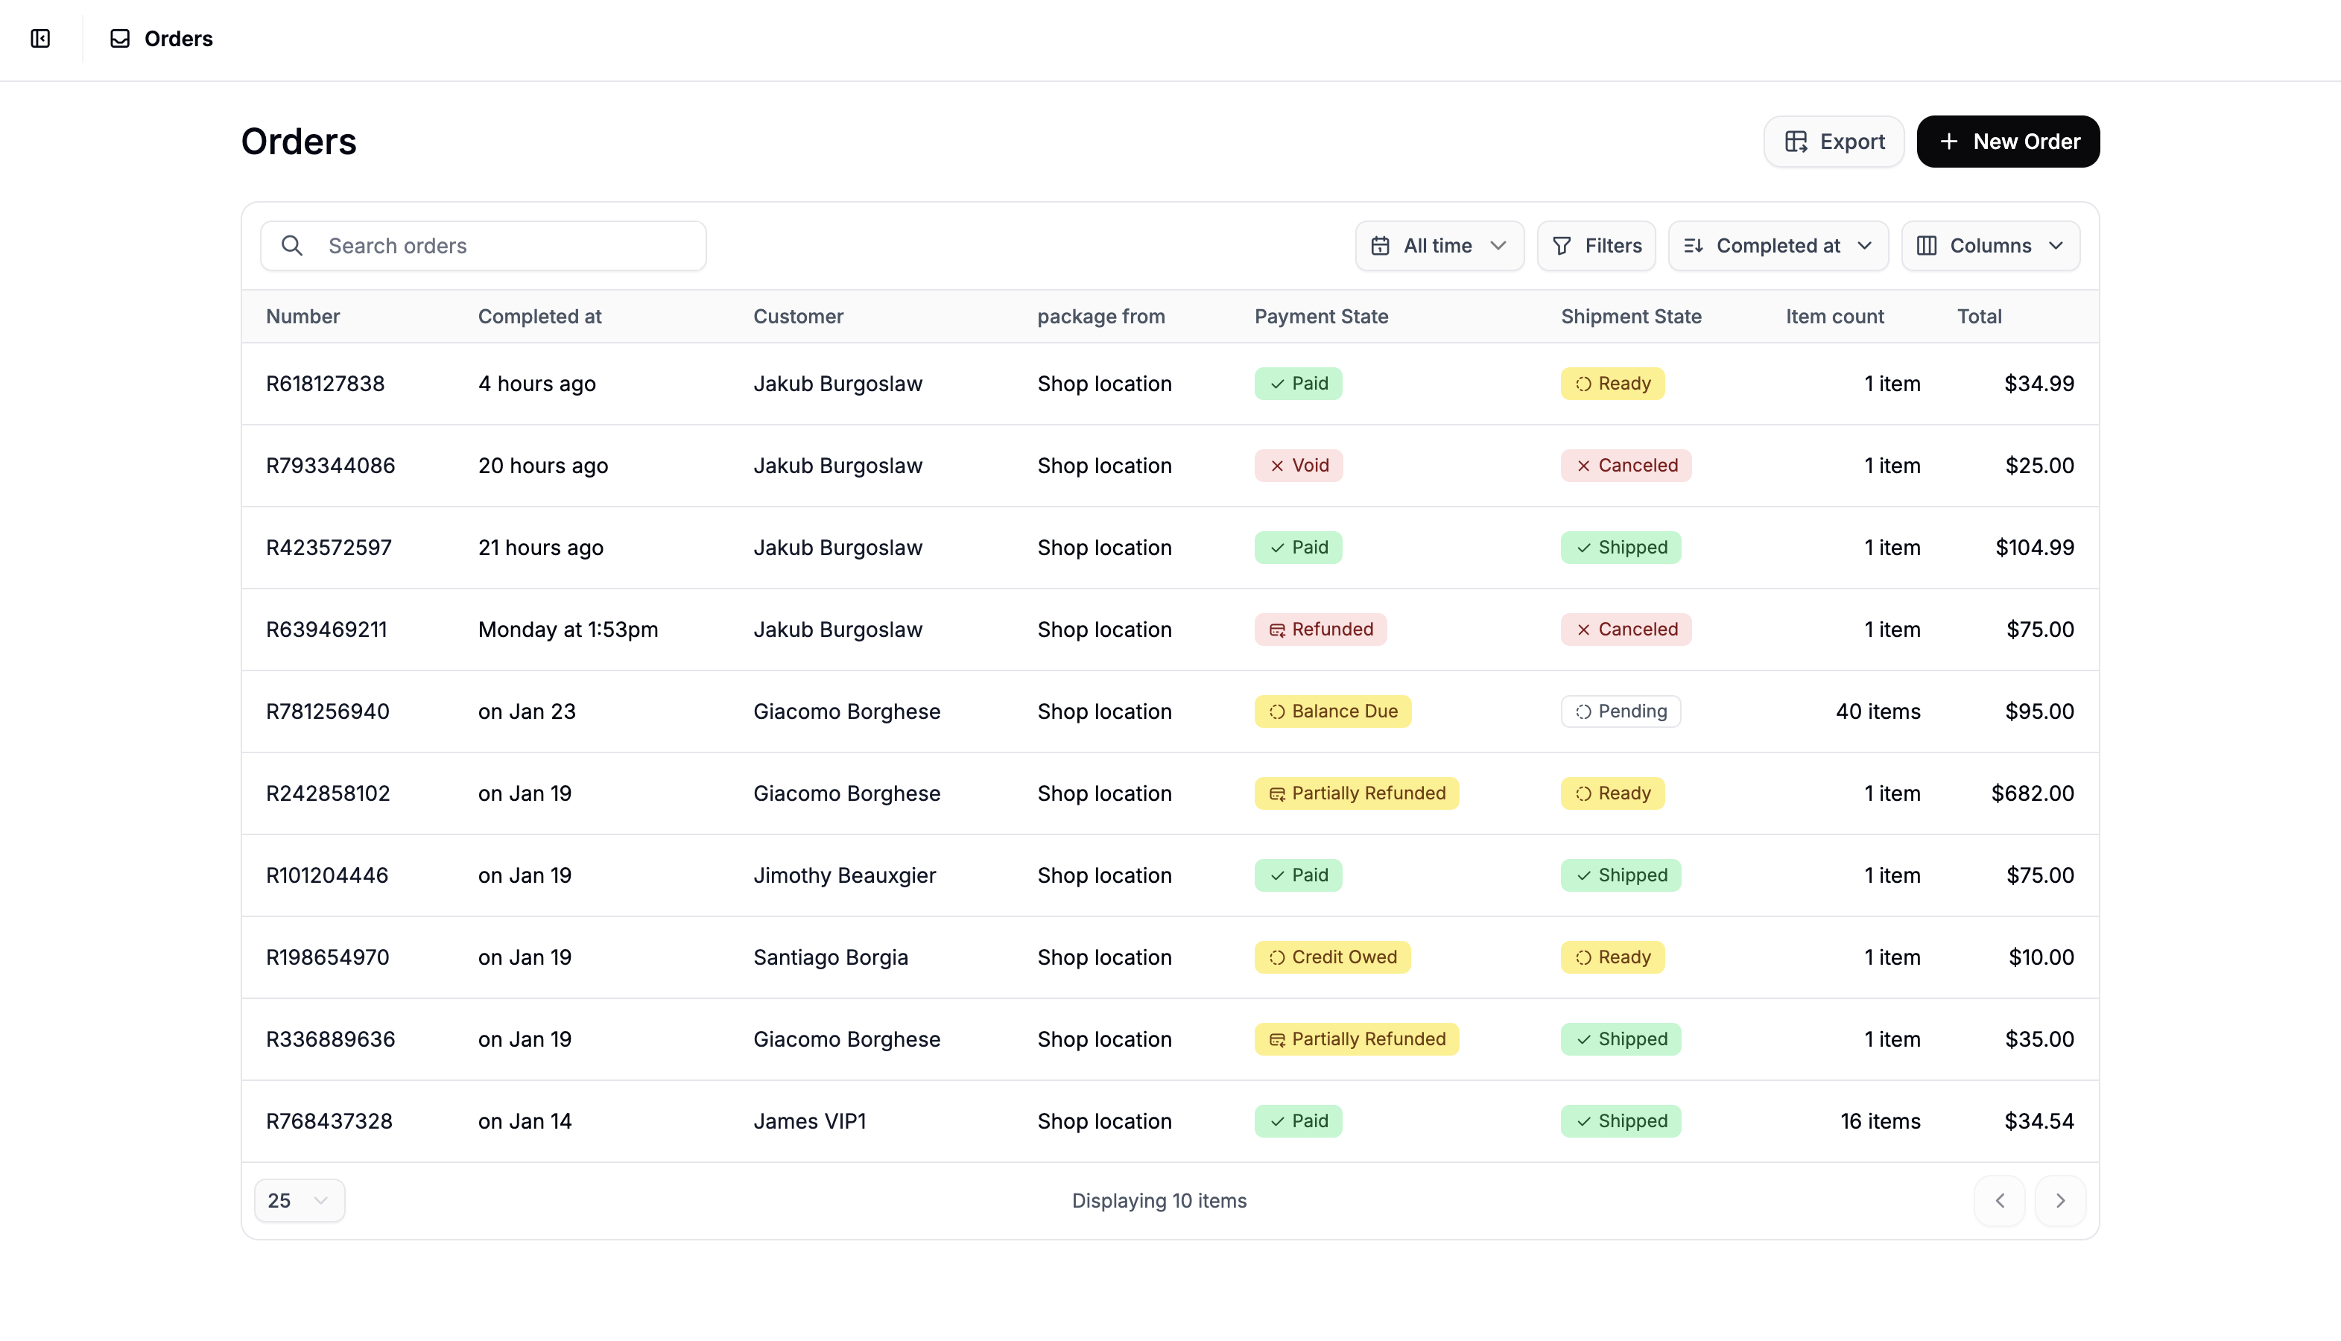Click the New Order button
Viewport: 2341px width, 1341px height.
(2008, 141)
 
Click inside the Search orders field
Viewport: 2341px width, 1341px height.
(497, 246)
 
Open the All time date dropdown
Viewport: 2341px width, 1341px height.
(1439, 246)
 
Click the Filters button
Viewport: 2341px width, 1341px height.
(1596, 246)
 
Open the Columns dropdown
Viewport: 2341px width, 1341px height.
(1990, 246)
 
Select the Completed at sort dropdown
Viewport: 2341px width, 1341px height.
(1778, 246)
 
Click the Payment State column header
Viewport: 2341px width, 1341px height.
(1320, 317)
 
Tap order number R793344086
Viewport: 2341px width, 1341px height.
(331, 466)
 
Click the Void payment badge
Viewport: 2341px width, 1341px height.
(1299, 466)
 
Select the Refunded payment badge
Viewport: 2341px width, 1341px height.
(1320, 630)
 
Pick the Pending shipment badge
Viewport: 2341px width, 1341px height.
(1620, 712)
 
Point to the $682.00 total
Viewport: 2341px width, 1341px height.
(2032, 794)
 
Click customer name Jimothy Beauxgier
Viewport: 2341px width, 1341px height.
(843, 876)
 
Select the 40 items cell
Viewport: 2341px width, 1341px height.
(1877, 712)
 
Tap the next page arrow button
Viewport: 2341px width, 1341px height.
(2059, 1201)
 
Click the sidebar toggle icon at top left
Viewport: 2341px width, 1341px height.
(40, 39)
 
